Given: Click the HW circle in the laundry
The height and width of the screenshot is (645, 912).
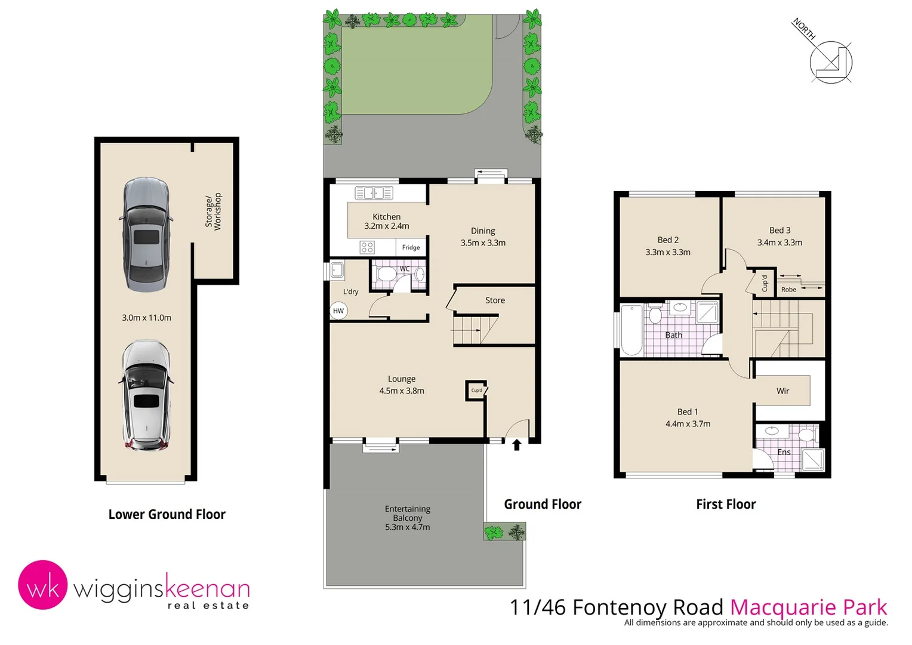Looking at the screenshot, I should (x=338, y=311).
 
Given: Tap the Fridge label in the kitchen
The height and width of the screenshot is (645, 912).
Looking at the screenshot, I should (x=411, y=247).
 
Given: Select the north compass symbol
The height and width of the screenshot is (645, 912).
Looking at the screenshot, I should (x=830, y=62).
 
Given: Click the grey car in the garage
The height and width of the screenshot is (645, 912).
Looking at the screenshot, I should (x=146, y=234).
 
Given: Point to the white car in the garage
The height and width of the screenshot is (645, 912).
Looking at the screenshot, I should (x=146, y=395).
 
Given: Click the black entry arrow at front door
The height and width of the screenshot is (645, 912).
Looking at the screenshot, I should (x=517, y=444).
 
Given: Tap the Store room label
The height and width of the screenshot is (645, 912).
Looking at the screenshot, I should (x=495, y=300).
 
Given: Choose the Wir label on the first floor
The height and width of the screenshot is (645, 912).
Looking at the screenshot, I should (x=782, y=391).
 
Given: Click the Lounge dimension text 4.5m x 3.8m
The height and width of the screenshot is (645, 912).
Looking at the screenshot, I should (x=402, y=391).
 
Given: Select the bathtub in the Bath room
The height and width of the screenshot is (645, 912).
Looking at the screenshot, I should (x=631, y=330).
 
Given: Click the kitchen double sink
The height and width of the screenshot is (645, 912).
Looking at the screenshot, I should (x=374, y=193).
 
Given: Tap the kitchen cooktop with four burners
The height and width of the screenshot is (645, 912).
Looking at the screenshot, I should (x=367, y=247).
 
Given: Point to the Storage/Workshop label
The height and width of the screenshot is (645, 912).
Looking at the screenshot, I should (x=213, y=211).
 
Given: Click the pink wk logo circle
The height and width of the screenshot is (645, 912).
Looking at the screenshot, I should (x=42, y=585).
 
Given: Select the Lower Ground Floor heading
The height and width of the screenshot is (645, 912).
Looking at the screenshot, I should (x=167, y=514).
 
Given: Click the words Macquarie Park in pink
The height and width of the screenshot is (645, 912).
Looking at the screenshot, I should (x=809, y=607).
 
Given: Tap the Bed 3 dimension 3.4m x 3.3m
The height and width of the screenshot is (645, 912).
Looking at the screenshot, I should (x=779, y=242).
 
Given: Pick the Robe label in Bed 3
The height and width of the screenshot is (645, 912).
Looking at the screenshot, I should (x=788, y=290).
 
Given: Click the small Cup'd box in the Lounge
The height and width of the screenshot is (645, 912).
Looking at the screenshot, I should (x=476, y=391).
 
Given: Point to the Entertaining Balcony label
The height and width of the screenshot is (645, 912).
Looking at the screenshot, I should (x=408, y=513).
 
